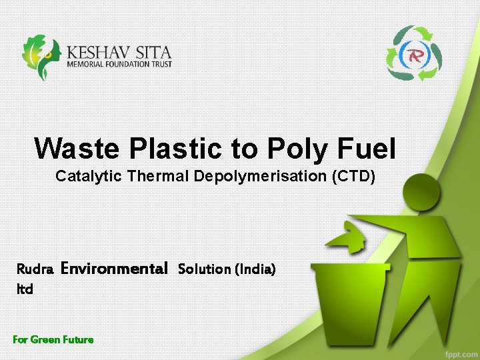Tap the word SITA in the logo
click(151, 52)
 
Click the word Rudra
click(35, 269)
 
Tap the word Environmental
click(114, 269)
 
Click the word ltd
click(25, 290)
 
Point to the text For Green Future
click(53, 339)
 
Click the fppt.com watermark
click(459, 351)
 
